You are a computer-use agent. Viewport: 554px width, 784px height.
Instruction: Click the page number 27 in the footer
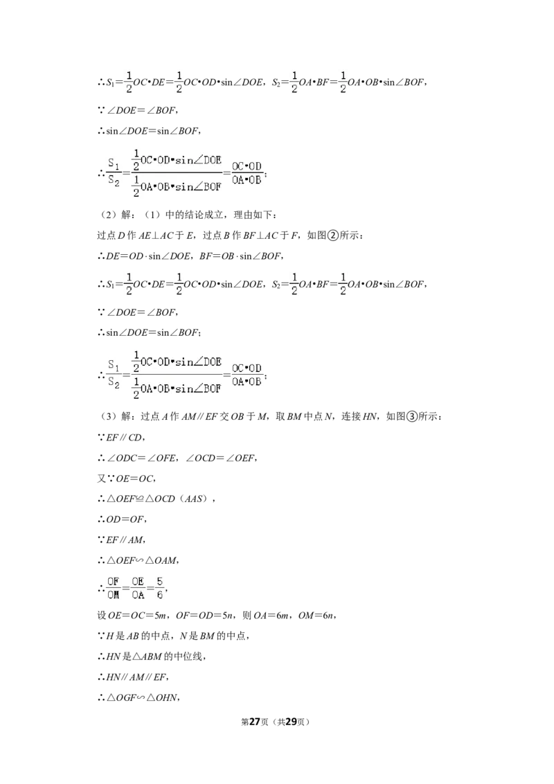[x=255, y=722]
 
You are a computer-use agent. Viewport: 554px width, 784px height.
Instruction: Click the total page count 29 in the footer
[x=290, y=722]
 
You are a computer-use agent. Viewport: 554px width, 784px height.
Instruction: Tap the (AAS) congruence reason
[x=193, y=499]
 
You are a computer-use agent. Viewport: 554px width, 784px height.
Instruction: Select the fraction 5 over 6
[x=159, y=588]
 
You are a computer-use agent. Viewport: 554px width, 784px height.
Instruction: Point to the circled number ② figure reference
[x=333, y=235]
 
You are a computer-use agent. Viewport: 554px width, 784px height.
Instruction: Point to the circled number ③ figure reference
[x=411, y=416]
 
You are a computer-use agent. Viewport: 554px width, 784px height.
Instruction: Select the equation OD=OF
[x=125, y=519]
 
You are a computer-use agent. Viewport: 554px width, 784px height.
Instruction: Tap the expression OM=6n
[x=316, y=616]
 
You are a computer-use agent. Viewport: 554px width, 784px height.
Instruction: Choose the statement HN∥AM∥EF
[x=136, y=677]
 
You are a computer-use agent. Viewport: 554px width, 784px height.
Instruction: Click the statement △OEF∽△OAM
[x=142, y=560]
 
